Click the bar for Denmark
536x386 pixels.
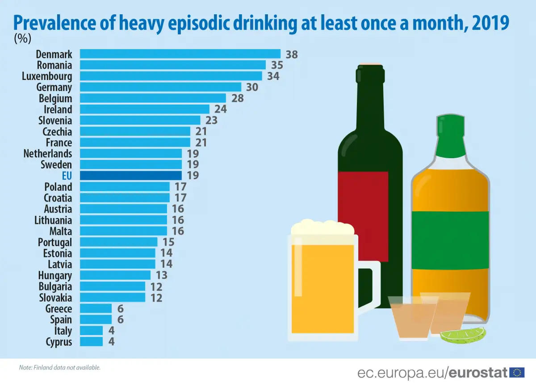[x=180, y=54]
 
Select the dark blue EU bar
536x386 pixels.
[x=131, y=176]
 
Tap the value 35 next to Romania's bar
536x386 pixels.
[x=277, y=65]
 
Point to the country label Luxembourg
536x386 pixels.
[x=47, y=76]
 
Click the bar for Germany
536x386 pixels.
[x=160, y=87]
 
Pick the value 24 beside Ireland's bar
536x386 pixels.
[x=220, y=109]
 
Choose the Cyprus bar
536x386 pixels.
[x=91, y=342]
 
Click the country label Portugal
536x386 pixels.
[x=55, y=242]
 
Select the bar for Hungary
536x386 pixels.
[x=115, y=275]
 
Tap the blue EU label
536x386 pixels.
[x=67, y=176]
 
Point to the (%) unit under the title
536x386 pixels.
[x=22, y=39]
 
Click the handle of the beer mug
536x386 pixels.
[x=370, y=286]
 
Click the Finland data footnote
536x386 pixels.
[x=60, y=368]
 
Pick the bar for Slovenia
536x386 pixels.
[x=140, y=120]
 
